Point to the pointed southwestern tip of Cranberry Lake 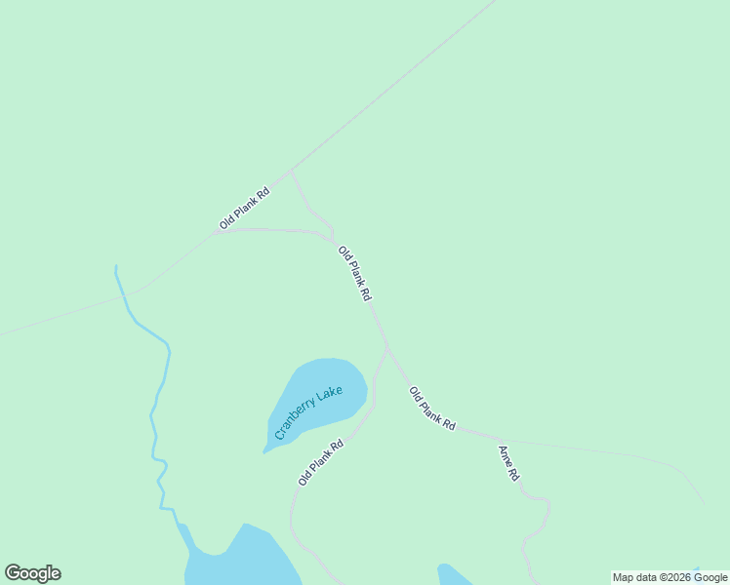264,451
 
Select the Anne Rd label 508,463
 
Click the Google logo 32,573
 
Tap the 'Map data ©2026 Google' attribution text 669,577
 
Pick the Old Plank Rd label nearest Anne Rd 432,409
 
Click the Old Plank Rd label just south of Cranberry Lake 321,463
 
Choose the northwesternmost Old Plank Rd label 244,208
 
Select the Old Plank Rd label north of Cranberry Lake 354,273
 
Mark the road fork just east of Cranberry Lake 387,348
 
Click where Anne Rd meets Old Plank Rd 495,436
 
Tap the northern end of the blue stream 116,267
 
